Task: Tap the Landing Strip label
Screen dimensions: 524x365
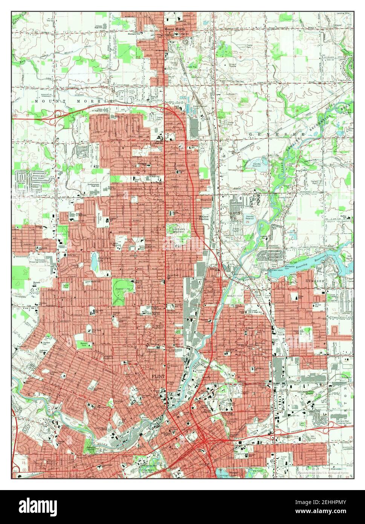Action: [x=343, y=13]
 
